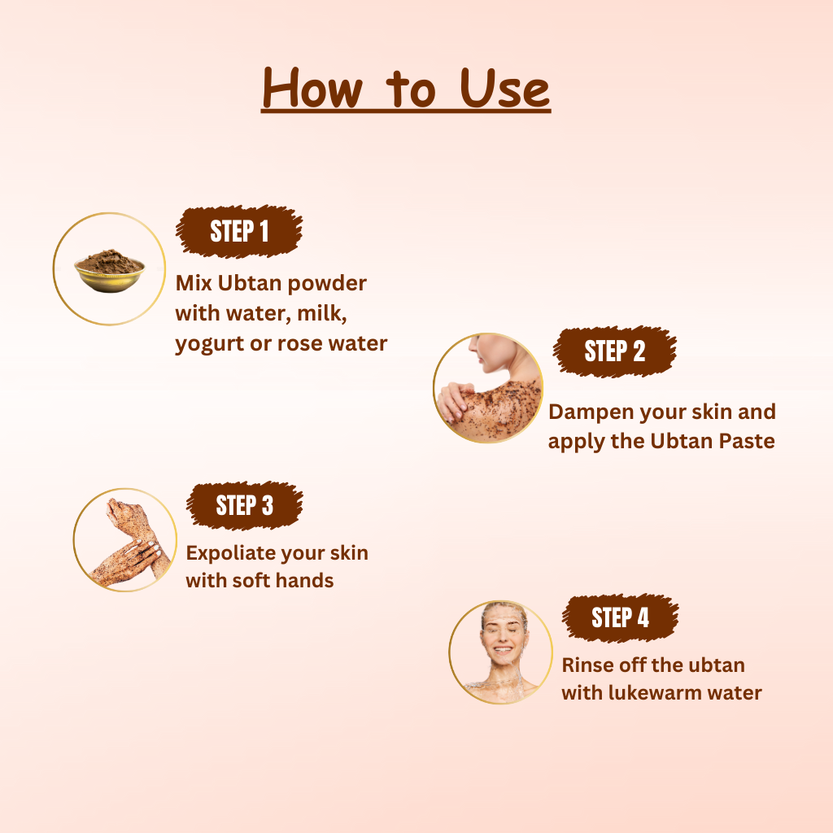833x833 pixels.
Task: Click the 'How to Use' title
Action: [406, 89]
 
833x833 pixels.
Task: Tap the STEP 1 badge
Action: [239, 232]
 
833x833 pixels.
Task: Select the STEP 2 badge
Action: [615, 351]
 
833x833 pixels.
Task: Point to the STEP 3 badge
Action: [244, 505]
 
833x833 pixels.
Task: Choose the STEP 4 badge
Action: [620, 618]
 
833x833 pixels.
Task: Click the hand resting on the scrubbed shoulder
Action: [456, 400]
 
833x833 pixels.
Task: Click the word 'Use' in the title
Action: [504, 89]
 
